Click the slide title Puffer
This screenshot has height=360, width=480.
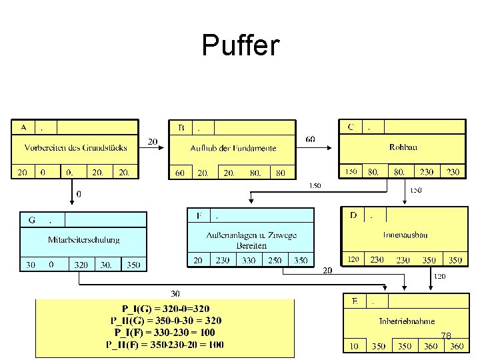point(241,46)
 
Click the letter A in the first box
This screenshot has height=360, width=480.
point(23,127)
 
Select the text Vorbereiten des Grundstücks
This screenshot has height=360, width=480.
point(75,147)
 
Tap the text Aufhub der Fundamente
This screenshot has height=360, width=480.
point(233,147)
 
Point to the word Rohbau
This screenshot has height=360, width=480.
point(403,147)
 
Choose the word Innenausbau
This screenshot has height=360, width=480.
point(405,235)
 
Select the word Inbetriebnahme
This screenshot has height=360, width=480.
point(407,321)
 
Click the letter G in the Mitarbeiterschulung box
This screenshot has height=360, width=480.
point(31,219)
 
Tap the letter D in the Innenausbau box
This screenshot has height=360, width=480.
point(353,215)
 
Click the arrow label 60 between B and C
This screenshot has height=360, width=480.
point(311,139)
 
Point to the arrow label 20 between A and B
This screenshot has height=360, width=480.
point(153,141)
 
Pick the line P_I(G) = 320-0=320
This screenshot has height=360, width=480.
point(165,309)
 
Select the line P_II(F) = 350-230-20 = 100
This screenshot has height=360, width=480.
point(165,345)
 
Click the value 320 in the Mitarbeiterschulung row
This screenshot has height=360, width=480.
point(80,265)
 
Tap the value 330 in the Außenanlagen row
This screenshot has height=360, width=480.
point(249,260)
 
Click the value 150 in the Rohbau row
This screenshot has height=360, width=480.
point(351,171)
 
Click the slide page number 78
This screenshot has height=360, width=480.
point(446,336)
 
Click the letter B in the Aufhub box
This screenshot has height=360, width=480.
point(181,127)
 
